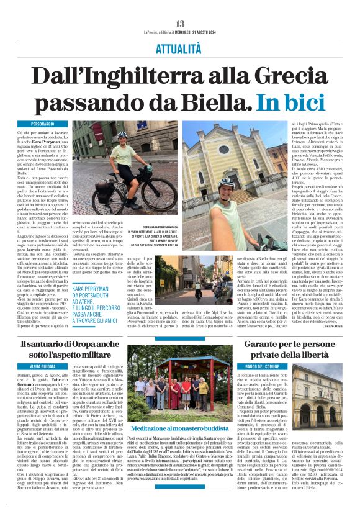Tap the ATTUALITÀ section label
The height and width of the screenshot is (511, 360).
(179, 47)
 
